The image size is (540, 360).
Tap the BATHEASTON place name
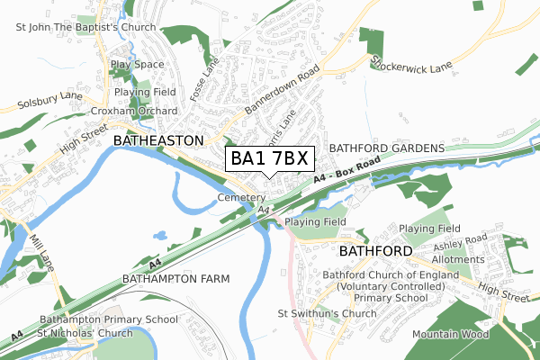click(154, 141)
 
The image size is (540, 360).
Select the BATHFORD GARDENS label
click(387, 147)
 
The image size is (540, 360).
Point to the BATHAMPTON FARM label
click(175, 279)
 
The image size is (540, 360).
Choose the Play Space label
click(137, 65)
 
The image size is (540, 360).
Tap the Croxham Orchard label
click(134, 111)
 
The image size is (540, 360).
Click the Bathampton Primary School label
click(109, 319)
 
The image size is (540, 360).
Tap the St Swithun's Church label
click(327, 313)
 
